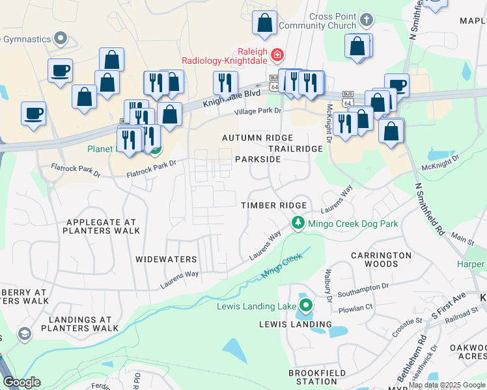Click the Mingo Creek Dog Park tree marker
(298, 223)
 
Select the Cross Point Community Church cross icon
(366, 19)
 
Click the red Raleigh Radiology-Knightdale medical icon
(278, 54)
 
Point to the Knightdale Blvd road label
(231, 97)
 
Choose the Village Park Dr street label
(258, 111)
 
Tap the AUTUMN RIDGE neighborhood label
(257, 138)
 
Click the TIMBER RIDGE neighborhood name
(273, 205)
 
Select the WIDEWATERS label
(166, 259)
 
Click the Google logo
(21, 382)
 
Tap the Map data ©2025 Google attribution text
(447, 385)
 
